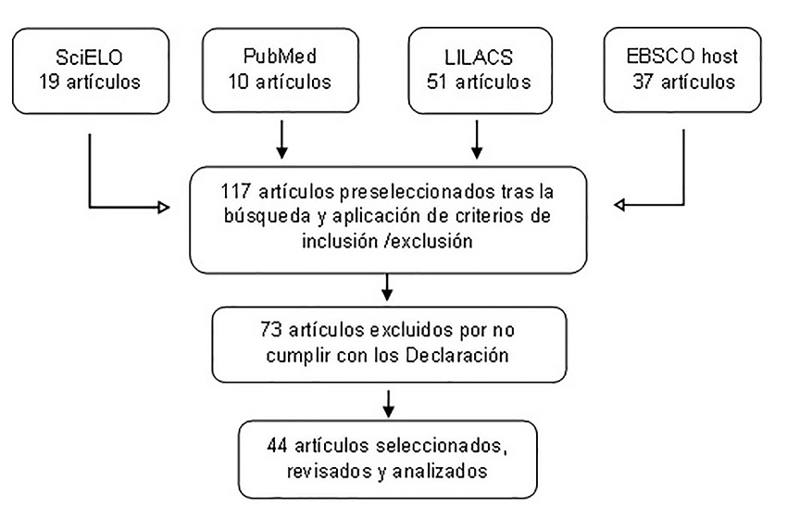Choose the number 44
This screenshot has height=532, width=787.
pos(280,448)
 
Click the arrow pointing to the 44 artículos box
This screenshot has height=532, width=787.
pos(388,400)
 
